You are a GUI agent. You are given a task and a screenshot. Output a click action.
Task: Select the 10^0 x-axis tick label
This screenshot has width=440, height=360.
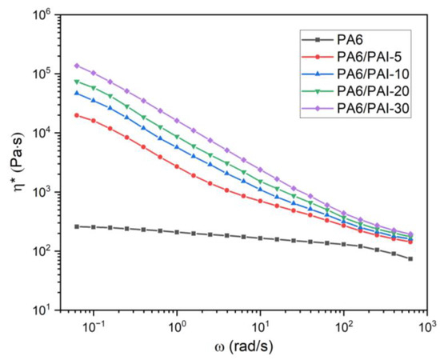[179, 326]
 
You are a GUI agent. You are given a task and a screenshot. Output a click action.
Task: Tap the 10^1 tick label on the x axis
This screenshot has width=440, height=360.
[262, 326]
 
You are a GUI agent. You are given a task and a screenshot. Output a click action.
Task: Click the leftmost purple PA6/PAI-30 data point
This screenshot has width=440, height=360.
[77, 66]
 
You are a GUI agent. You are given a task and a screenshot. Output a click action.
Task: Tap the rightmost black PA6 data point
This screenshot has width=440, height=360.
[410, 258]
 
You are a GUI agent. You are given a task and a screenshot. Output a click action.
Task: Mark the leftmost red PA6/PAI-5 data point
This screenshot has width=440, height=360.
[77, 115]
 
